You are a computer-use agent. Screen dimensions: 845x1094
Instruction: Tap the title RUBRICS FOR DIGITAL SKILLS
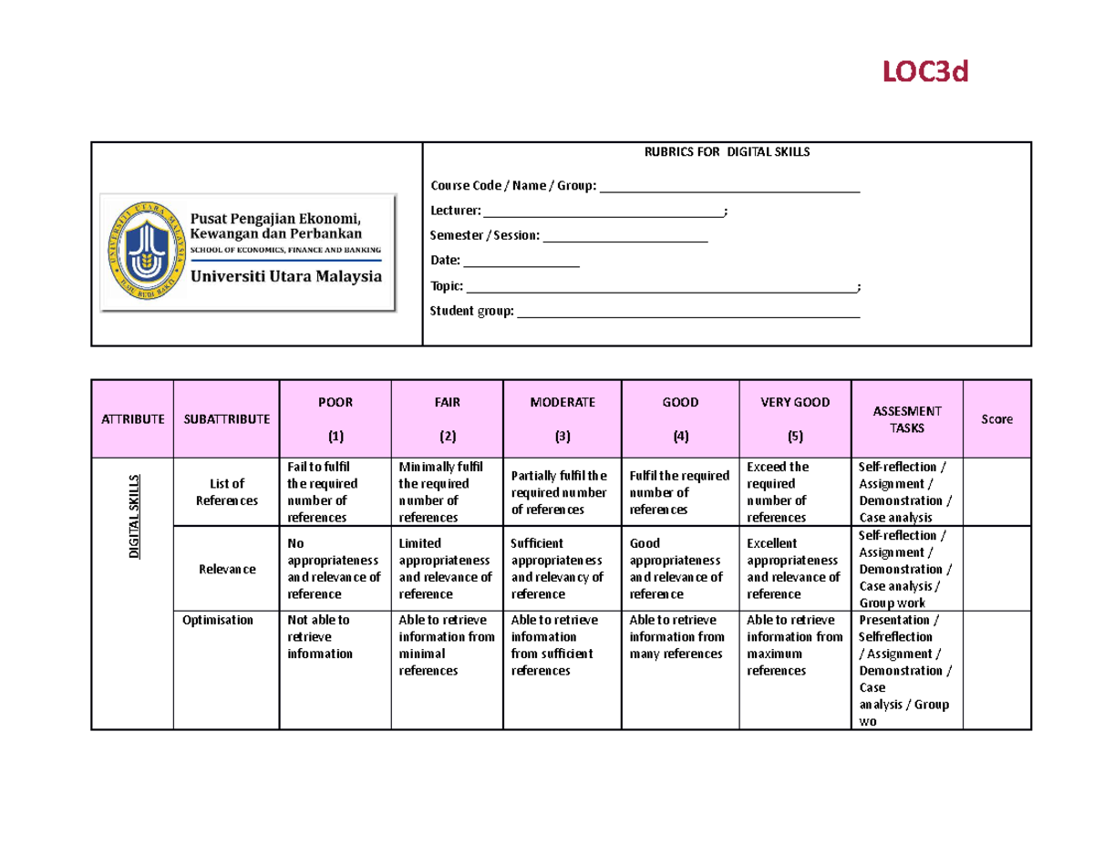(727, 152)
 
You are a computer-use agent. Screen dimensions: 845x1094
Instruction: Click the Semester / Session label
(484, 236)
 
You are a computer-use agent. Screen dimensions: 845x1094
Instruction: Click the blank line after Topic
(661, 287)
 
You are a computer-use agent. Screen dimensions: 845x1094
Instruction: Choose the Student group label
(471, 312)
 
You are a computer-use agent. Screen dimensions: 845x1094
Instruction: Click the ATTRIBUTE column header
(132, 419)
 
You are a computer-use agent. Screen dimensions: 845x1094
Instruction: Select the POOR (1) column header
(335, 418)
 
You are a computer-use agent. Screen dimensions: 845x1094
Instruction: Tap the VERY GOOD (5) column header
(796, 418)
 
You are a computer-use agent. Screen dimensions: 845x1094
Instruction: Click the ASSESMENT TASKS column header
(906, 419)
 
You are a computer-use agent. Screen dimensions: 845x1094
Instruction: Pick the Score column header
(996, 419)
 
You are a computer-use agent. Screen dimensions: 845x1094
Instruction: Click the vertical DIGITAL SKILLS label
(134, 516)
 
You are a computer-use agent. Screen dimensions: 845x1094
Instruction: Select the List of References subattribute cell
(226, 492)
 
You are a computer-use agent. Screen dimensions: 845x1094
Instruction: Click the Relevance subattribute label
(226, 569)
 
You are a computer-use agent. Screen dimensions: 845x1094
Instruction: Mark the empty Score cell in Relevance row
(996, 569)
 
